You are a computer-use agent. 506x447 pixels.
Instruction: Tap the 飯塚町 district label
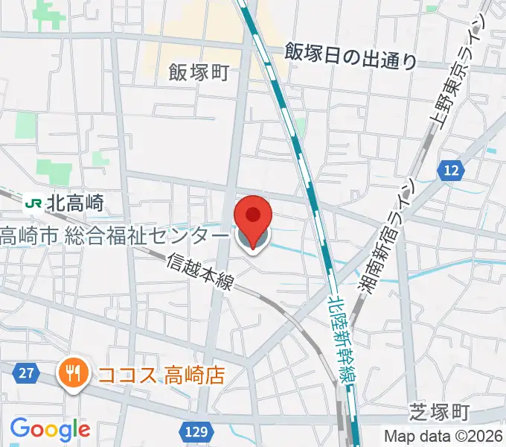click(x=198, y=72)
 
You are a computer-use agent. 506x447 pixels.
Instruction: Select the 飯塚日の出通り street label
click(x=352, y=55)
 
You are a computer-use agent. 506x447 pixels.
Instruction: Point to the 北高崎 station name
click(x=74, y=202)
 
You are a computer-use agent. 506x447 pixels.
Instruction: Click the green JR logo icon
click(x=33, y=202)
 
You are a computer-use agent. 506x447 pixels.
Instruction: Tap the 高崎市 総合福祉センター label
click(x=113, y=236)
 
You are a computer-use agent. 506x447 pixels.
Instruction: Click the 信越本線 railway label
click(x=201, y=271)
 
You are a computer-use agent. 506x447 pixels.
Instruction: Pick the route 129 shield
click(x=196, y=431)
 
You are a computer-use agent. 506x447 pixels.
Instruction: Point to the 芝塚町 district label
click(x=440, y=411)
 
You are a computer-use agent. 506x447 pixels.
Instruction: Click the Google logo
click(x=50, y=429)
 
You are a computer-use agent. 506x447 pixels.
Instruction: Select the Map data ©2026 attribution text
click(x=443, y=437)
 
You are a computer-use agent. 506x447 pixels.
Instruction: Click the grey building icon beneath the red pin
click(x=253, y=239)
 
